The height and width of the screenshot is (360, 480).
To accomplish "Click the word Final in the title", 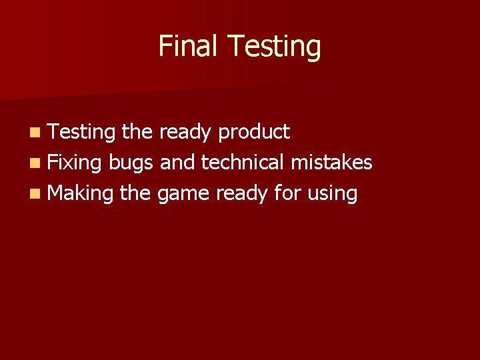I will [x=189, y=46].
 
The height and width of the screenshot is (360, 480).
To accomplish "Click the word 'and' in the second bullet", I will [x=178, y=163].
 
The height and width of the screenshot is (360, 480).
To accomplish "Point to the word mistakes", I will [x=331, y=163].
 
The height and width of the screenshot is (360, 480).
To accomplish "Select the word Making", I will [x=81, y=194].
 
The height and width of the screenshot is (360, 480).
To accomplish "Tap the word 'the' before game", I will [x=135, y=193].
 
